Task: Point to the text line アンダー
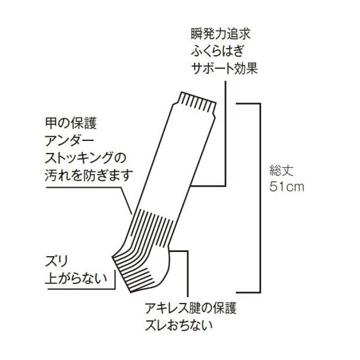click(x=72, y=142)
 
